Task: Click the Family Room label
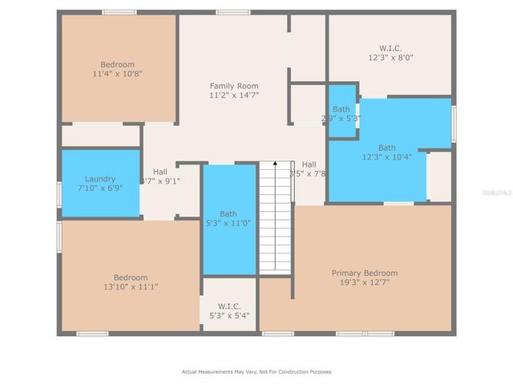(x=234, y=86)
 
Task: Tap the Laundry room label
(x=100, y=179)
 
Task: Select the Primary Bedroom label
(x=365, y=273)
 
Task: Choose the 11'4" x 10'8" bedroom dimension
(x=117, y=74)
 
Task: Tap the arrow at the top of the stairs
(x=275, y=164)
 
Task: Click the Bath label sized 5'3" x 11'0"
(x=228, y=213)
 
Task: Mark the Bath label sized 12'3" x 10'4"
(x=387, y=148)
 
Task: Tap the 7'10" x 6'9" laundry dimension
(x=100, y=188)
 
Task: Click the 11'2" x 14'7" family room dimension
(x=234, y=95)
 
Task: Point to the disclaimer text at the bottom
(x=256, y=371)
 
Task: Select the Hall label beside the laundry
(x=160, y=172)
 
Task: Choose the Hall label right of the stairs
(x=309, y=164)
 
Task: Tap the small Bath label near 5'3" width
(x=341, y=109)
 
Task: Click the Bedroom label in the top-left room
(x=117, y=64)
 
